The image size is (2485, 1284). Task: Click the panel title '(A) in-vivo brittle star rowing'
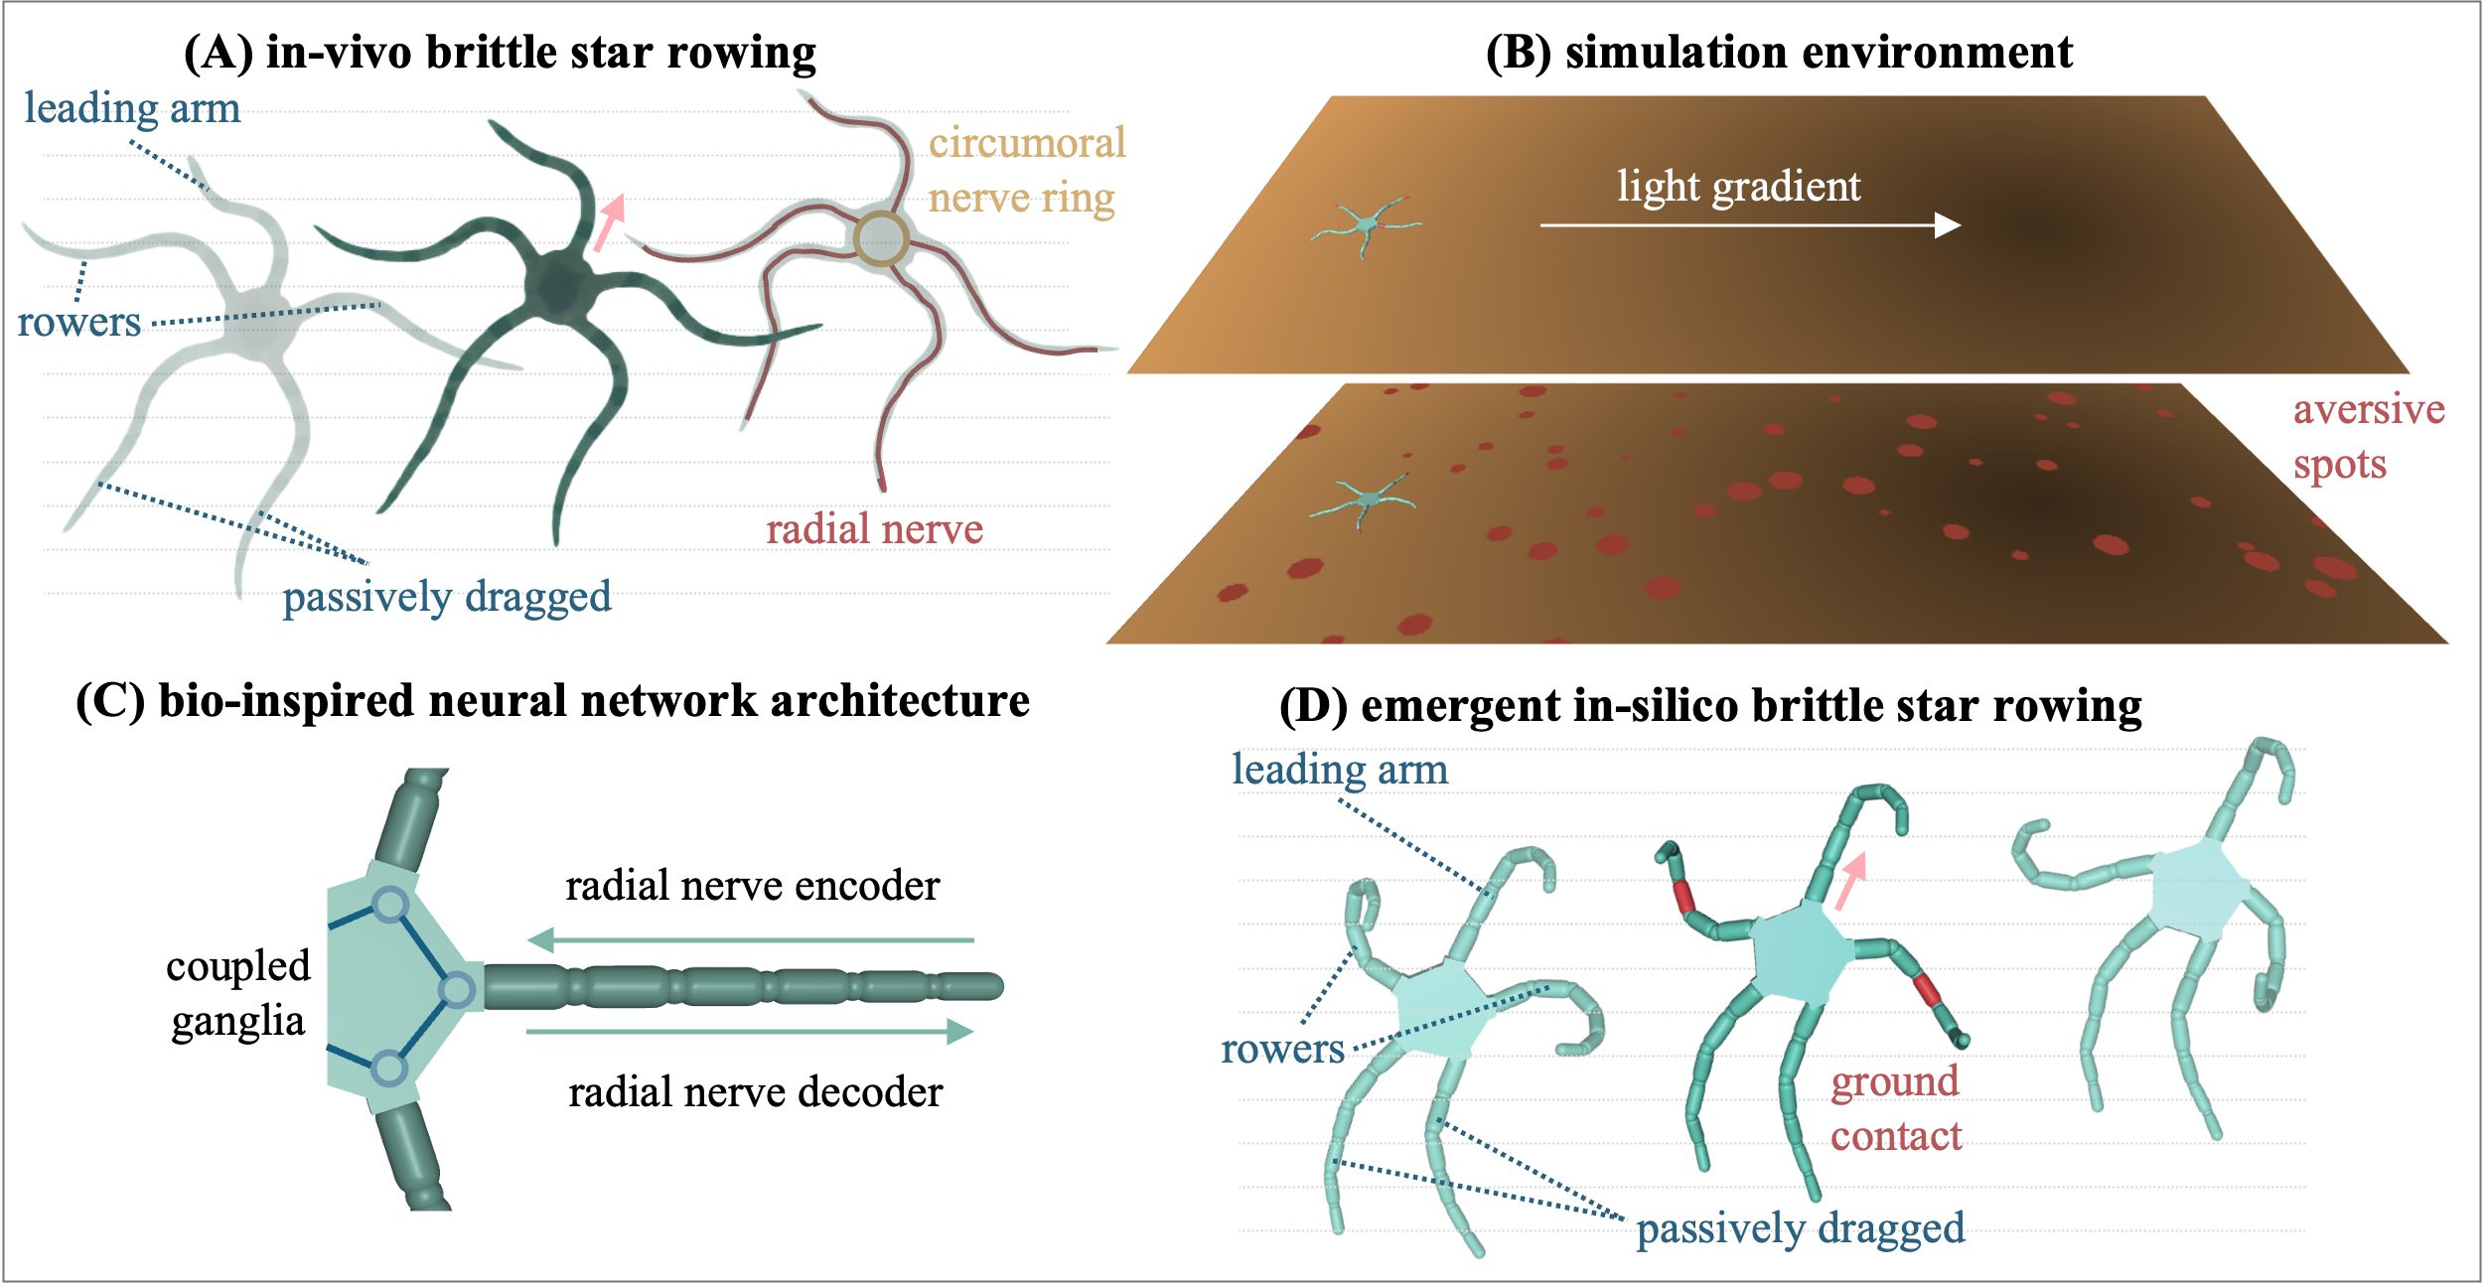tap(500, 53)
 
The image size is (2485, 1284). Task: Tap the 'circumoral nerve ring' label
tap(1026, 170)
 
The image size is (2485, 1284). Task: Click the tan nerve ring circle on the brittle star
tap(881, 238)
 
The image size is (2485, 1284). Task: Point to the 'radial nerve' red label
tap(874, 529)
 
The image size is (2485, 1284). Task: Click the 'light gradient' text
tap(1738, 187)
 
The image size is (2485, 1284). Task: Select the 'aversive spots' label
tap(2367, 437)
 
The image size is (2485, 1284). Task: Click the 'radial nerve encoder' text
tap(752, 886)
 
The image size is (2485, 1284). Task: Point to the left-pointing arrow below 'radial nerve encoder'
tap(751, 939)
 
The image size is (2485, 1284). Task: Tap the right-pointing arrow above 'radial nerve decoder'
tap(751, 1032)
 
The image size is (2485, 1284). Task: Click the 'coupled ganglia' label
tap(238, 993)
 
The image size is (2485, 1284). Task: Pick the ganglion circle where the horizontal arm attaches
tap(457, 990)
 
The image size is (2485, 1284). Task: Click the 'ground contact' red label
tap(1895, 1108)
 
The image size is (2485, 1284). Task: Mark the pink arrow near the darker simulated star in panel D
tap(1850, 881)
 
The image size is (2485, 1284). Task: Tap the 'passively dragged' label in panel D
tap(1800, 1228)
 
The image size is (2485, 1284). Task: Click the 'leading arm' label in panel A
tap(132, 108)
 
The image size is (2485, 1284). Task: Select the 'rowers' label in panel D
tap(1282, 1049)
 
